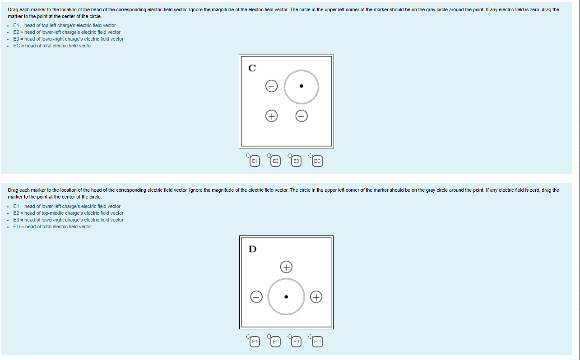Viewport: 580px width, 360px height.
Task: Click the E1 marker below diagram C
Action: pyautogui.click(x=255, y=161)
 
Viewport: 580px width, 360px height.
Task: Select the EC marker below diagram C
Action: pyautogui.click(x=317, y=161)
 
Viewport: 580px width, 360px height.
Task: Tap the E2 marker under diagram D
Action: pyautogui.click(x=275, y=342)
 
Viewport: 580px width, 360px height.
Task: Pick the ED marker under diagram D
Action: pyautogui.click(x=317, y=342)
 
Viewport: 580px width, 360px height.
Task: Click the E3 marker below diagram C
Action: pyautogui.click(x=296, y=161)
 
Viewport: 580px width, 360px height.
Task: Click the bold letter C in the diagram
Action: pyautogui.click(x=252, y=68)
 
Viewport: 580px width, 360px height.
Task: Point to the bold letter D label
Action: pyautogui.click(x=252, y=249)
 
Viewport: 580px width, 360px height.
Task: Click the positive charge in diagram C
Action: pyautogui.click(x=271, y=116)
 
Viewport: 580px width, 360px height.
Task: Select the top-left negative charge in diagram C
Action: pyautogui.click(x=271, y=86)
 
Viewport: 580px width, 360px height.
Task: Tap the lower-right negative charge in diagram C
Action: pyautogui.click(x=302, y=116)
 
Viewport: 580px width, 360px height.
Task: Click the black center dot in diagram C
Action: pyautogui.click(x=302, y=86)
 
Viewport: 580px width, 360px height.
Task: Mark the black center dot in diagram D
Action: pyautogui.click(x=286, y=297)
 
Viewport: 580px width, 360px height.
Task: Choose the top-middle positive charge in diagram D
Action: pyautogui.click(x=286, y=267)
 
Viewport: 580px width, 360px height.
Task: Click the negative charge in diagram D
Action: pyautogui.click(x=256, y=297)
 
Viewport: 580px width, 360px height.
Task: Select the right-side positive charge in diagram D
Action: pyautogui.click(x=316, y=297)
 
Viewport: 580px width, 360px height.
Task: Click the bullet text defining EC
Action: pyautogui.click(x=52, y=46)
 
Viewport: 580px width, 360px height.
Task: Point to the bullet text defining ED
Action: pyautogui.click(x=52, y=226)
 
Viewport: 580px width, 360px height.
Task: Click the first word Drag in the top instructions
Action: pyautogui.click(x=13, y=9)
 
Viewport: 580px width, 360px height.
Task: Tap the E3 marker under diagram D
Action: pyautogui.click(x=296, y=342)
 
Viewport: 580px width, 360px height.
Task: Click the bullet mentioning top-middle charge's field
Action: pyautogui.click(x=68, y=213)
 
